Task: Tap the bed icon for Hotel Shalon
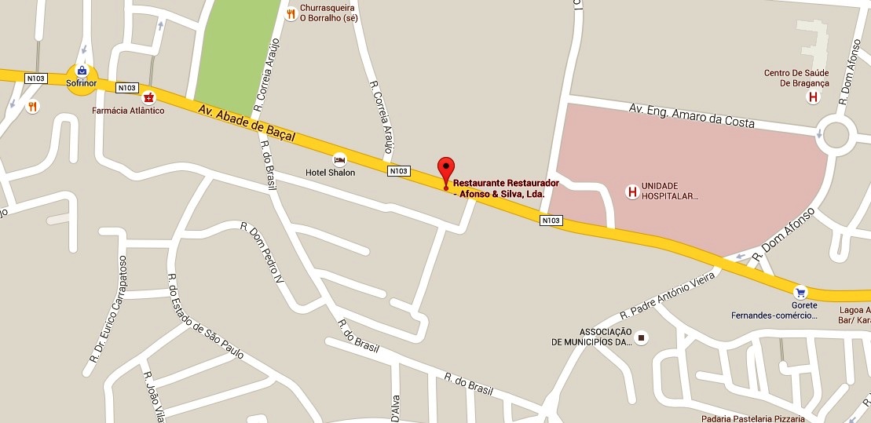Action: (x=339, y=159)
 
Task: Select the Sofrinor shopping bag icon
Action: (x=82, y=70)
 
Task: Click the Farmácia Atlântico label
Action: (x=128, y=111)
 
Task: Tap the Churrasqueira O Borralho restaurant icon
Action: (x=291, y=13)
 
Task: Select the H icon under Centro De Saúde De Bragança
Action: (x=812, y=97)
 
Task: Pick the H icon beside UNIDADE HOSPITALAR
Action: (x=630, y=191)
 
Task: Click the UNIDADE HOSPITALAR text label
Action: (x=670, y=191)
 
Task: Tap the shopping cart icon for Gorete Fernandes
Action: (x=800, y=291)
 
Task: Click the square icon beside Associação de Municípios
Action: (x=642, y=337)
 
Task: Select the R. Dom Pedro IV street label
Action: (x=265, y=252)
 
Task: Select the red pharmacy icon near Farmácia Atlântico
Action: (x=148, y=97)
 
